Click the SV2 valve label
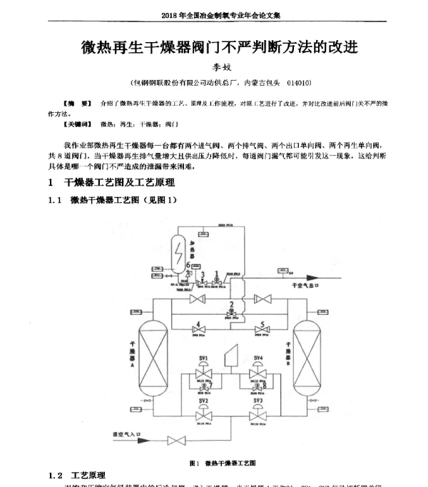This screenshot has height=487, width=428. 203,401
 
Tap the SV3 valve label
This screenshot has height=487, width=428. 258,401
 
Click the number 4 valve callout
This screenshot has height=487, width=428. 198,323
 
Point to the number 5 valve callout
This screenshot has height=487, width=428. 263,323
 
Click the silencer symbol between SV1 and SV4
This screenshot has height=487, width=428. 230,355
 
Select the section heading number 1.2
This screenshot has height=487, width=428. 56,476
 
